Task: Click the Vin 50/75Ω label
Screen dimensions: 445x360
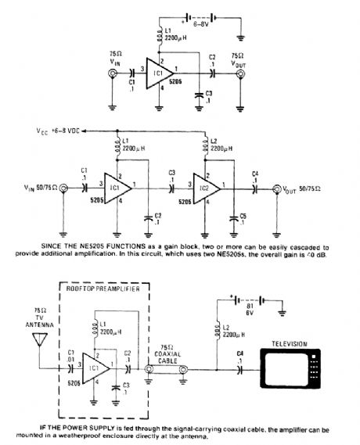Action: tap(42, 189)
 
